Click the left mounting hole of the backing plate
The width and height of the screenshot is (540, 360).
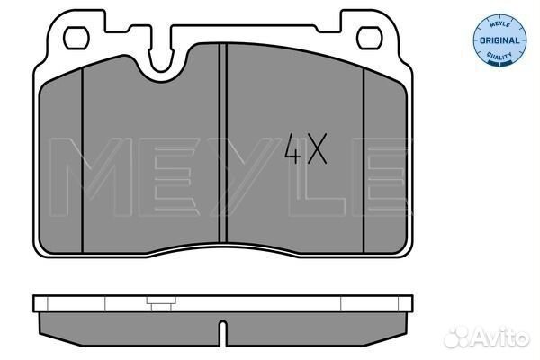pos(76,38)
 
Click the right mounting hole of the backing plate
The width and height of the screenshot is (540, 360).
pos(370,38)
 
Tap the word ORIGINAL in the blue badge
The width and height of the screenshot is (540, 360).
pos(499,40)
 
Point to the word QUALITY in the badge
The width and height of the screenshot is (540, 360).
pos(499,56)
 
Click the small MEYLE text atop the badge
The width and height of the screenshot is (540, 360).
pos(499,24)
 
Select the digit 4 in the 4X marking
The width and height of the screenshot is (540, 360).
pos(292,148)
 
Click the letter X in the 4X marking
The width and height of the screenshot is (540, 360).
pos(317,148)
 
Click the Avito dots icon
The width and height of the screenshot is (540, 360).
pos(456,337)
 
